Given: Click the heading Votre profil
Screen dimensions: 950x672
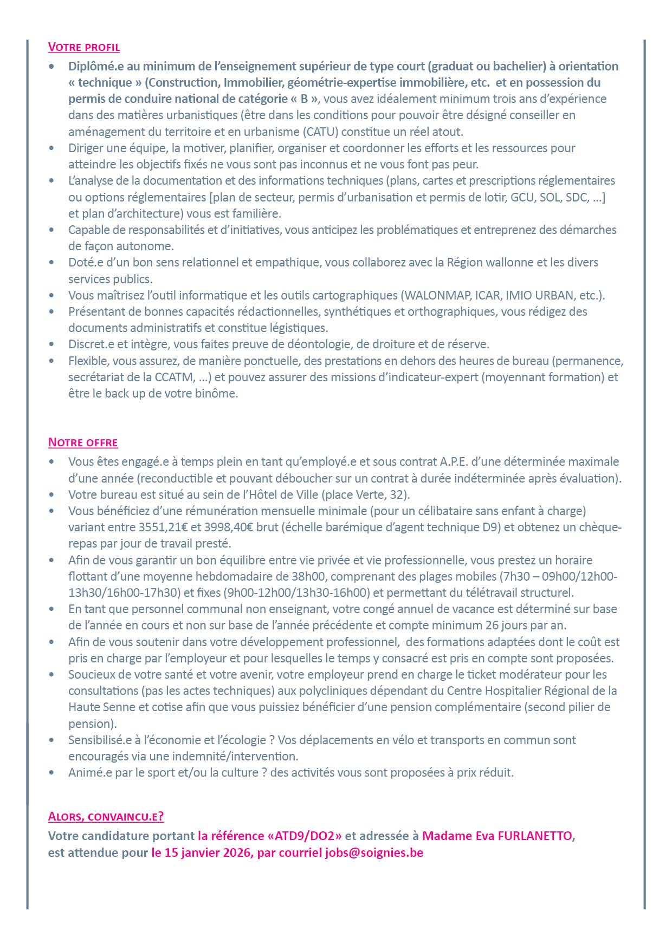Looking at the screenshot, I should (84, 47).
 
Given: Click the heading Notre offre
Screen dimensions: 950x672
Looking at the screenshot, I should (83, 443).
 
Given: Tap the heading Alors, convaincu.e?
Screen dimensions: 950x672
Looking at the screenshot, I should (106, 816).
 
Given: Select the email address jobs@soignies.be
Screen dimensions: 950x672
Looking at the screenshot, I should (374, 853).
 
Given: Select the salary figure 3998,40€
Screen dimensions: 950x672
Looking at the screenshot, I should (230, 527).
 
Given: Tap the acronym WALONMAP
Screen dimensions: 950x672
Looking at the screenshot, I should (437, 295).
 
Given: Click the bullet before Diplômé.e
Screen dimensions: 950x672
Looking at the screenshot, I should (51, 66).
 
